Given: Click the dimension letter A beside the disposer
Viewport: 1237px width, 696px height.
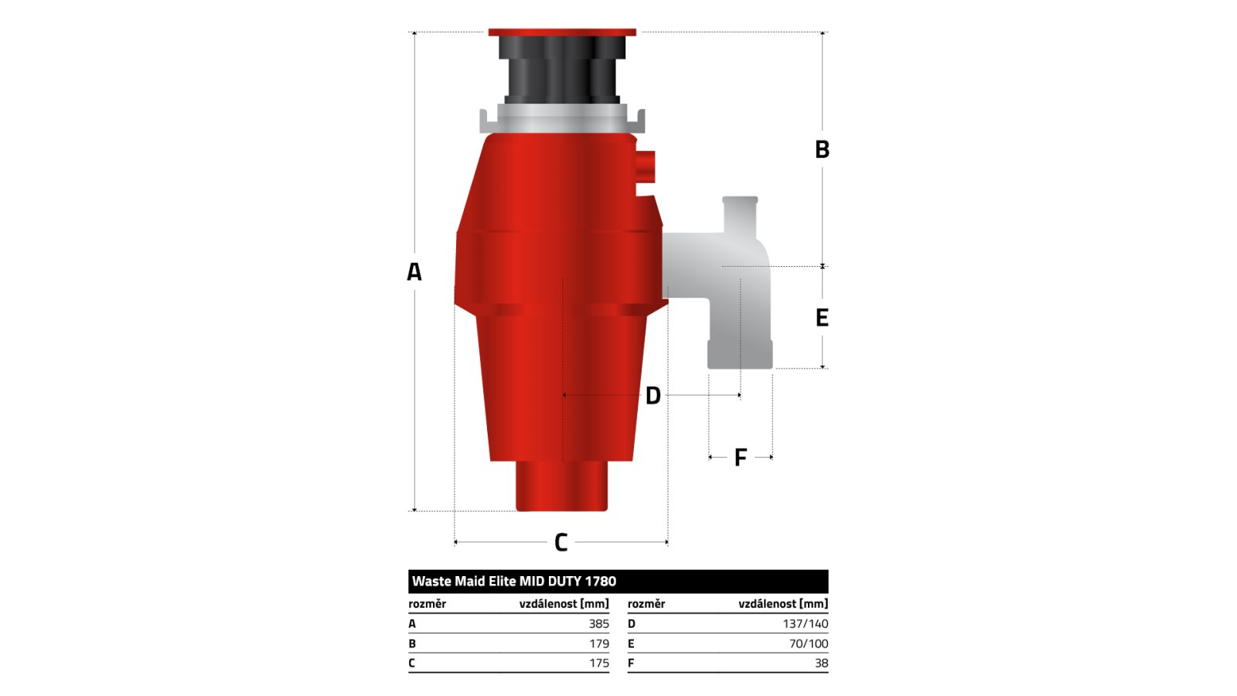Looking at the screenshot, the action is coord(414,271).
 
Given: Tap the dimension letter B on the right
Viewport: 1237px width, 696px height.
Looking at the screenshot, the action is coord(823,149).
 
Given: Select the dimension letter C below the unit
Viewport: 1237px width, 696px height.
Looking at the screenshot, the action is coord(561,542).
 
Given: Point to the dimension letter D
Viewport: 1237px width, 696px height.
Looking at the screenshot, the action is coord(653,395).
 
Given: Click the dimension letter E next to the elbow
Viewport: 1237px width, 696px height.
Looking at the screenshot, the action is coord(823,318).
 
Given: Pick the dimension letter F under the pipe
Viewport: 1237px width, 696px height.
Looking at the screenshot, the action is coord(741,457).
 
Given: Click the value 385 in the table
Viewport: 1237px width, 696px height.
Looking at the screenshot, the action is coord(598,623).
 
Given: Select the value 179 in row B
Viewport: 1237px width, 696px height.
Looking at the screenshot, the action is coord(599,643).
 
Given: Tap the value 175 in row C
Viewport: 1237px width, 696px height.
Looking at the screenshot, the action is coord(599,663).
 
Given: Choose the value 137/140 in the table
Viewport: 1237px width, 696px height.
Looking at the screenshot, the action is coord(805,623).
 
